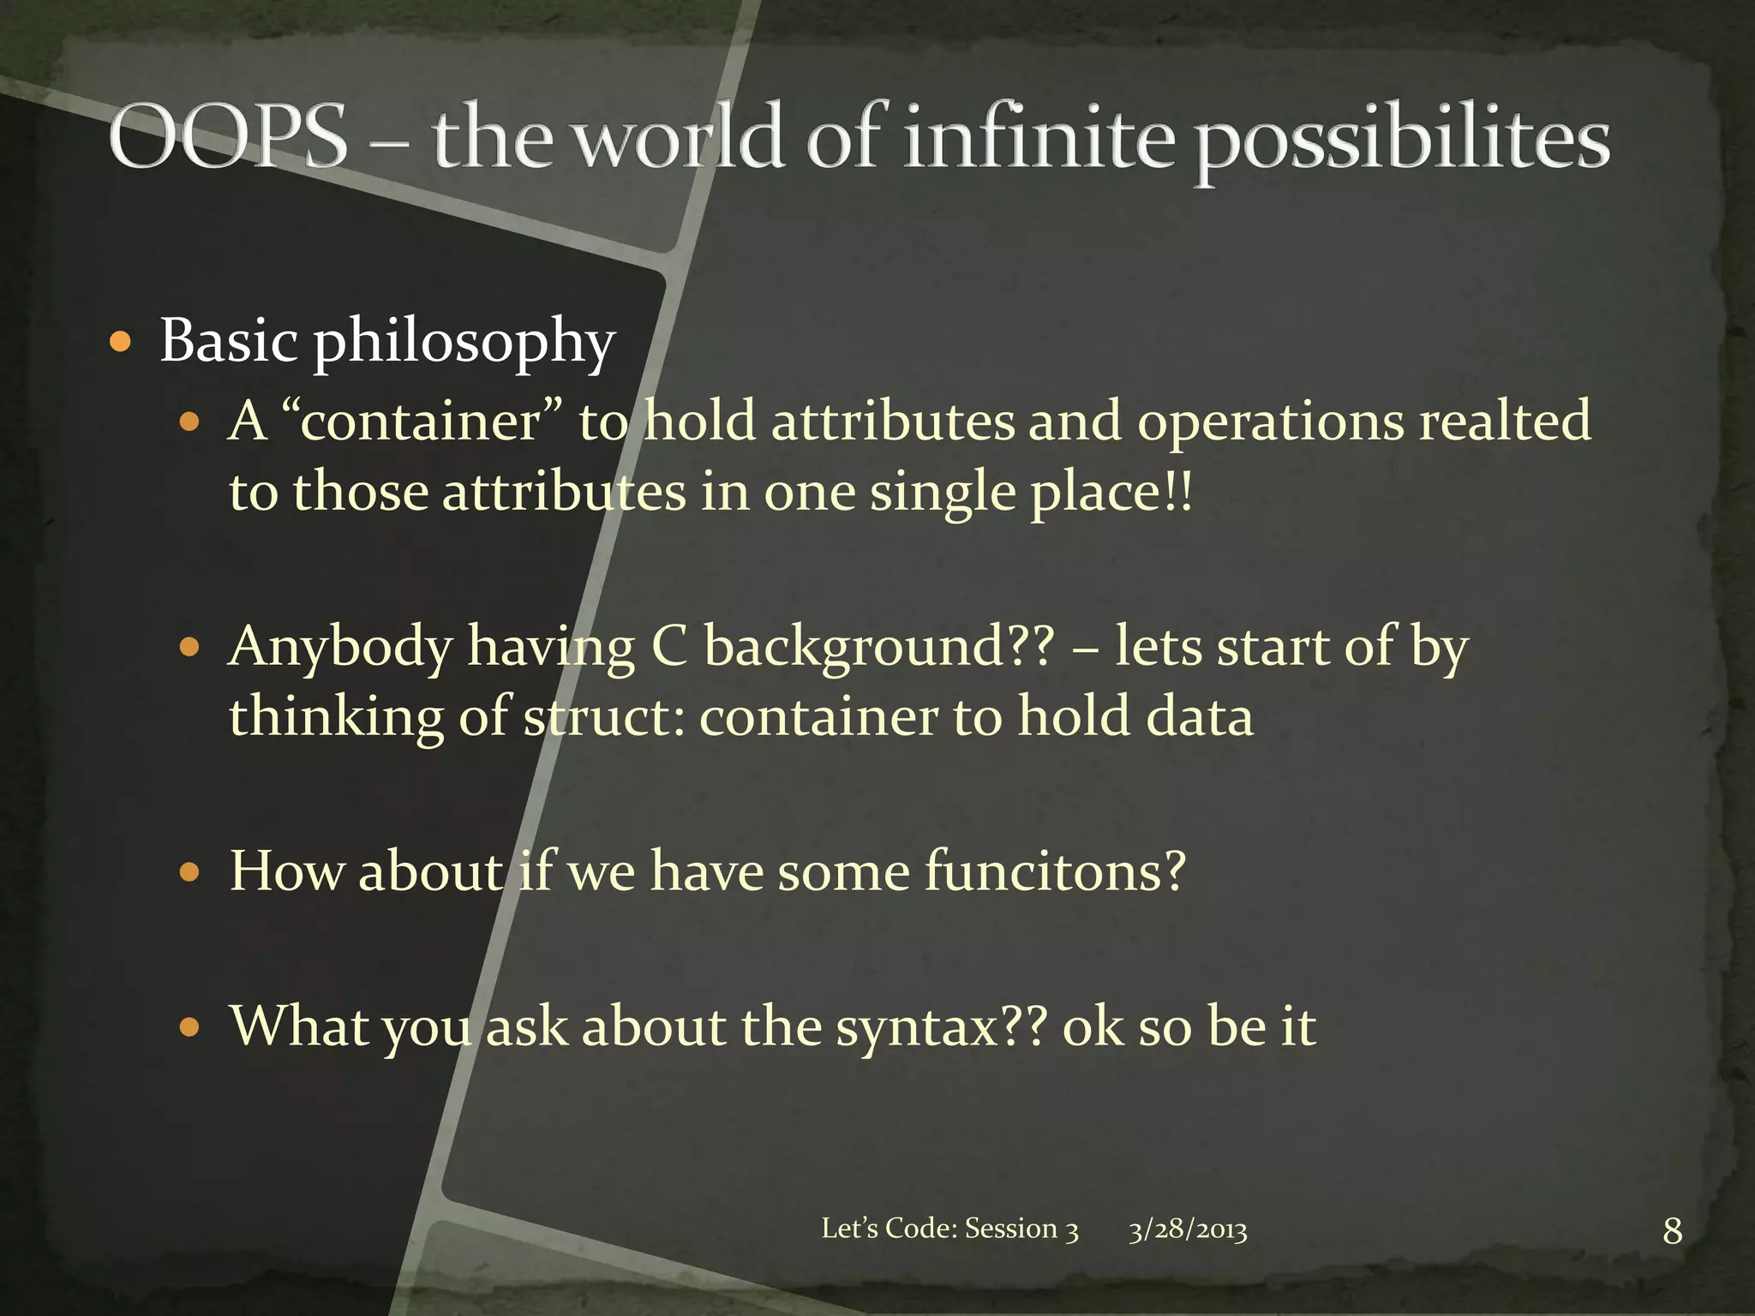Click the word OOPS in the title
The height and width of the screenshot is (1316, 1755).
228,137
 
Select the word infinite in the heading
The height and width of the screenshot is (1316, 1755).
1039,137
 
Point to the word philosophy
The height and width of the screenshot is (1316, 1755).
464,344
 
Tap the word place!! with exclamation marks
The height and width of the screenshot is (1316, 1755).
1111,494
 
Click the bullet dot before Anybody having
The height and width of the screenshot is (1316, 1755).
189,647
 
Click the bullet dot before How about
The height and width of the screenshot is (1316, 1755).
189,873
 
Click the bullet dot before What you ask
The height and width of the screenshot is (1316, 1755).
189,1027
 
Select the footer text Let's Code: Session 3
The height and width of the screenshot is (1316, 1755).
949,1229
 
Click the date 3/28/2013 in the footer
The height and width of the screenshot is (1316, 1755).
1187,1230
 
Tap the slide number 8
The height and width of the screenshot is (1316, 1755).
1672,1231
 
